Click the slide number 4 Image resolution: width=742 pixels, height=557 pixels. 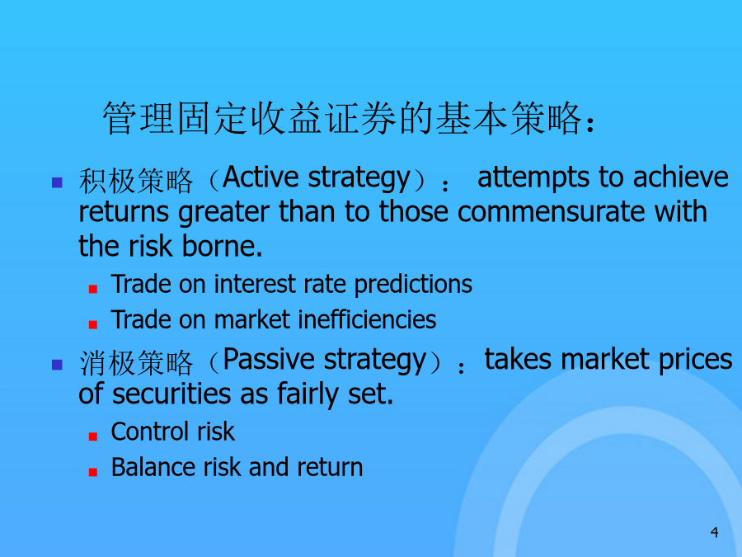pyautogui.click(x=715, y=532)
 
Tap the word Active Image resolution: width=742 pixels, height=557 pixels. pyautogui.click(x=261, y=177)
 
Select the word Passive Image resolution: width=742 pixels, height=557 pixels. pyautogui.click(x=269, y=359)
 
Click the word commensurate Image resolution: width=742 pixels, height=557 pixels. pyautogui.click(x=551, y=212)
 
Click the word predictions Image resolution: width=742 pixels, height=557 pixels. pyautogui.click(x=413, y=286)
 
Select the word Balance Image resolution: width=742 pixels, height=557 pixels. pyautogui.click(x=153, y=467)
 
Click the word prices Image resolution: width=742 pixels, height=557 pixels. pyautogui.click(x=695, y=360)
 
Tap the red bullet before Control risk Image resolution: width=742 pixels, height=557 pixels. pyautogui.click(x=92, y=437)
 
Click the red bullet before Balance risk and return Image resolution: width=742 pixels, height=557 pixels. pyautogui.click(x=92, y=472)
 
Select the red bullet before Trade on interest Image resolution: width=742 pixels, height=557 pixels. pyautogui.click(x=92, y=289)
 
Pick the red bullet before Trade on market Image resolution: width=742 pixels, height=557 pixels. pyautogui.click(x=92, y=324)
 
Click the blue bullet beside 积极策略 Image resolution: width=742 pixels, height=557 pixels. pyautogui.click(x=57, y=182)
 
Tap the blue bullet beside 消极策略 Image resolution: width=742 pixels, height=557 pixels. pyautogui.click(x=57, y=364)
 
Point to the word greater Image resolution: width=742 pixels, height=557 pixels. pyautogui.click(x=223, y=213)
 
